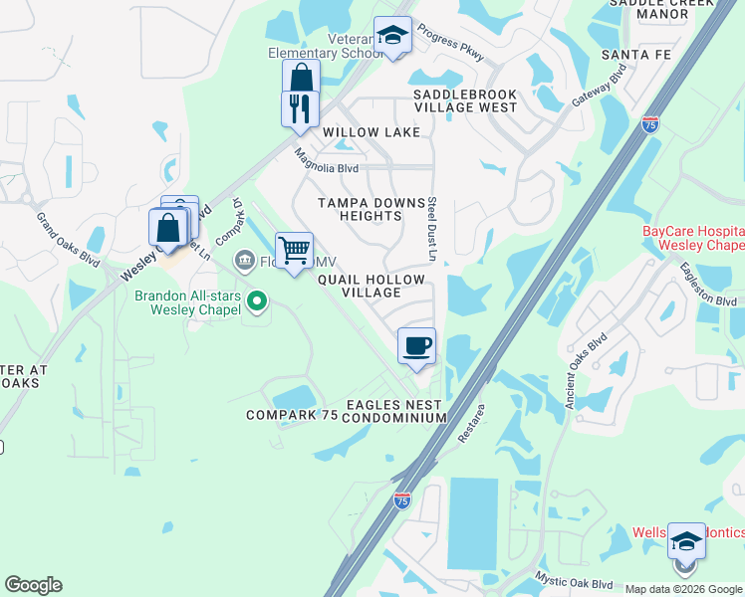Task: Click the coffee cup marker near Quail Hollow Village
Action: point(416,346)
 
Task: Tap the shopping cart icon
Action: point(294,251)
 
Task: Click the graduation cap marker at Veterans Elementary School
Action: point(392,36)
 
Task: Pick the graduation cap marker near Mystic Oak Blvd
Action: point(685,541)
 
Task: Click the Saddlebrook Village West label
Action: point(465,99)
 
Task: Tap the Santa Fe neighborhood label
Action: point(636,55)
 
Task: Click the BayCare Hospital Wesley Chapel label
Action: point(693,238)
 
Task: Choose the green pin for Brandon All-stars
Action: point(257,298)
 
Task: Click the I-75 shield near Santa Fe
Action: point(650,124)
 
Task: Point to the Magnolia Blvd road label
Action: point(327,161)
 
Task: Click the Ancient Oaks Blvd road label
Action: point(586,369)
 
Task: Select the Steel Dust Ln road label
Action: point(433,229)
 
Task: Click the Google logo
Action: point(33,585)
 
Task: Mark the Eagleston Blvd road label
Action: point(707,285)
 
